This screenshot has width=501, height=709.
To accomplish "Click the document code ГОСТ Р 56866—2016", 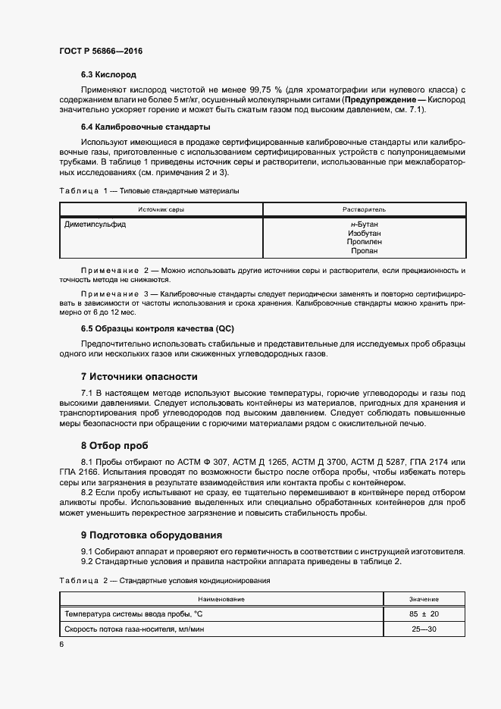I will point(101,51).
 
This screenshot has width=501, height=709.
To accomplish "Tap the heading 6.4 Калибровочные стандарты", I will point(146,127).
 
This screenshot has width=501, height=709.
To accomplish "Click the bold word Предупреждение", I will point(379,100).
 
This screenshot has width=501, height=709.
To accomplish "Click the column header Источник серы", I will point(161,209).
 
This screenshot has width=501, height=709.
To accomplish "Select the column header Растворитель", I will point(365,209).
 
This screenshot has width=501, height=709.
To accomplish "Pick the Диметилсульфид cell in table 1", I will point(96,225).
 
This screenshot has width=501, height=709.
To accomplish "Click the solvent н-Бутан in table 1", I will point(365,225).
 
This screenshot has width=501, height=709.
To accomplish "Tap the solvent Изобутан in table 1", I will point(365,234).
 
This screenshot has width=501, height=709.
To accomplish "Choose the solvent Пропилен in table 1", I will point(365,242).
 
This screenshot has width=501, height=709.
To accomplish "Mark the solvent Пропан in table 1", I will point(365,250).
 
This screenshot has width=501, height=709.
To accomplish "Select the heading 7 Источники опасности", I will point(139,376).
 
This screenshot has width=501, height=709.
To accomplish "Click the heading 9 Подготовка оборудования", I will point(151,535).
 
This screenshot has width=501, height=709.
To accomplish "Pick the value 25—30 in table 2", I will point(424,629).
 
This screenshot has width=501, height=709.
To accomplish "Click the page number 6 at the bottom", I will point(61,644).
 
